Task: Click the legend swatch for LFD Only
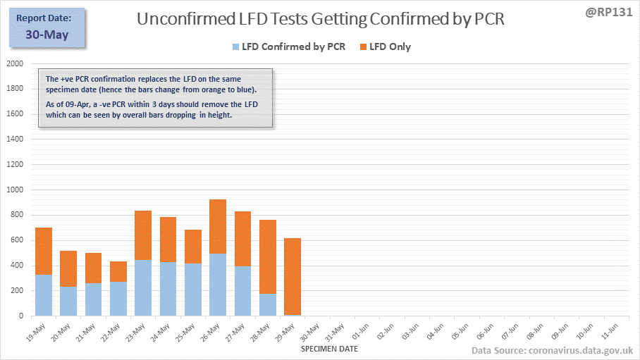pyautogui.click(x=364, y=47)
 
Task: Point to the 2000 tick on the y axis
pyautogui.click(x=14, y=63)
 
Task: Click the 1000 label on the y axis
pyautogui.click(x=14, y=190)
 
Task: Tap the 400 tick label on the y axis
pyautogui.click(x=16, y=266)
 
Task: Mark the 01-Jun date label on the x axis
pyautogui.click(x=359, y=333)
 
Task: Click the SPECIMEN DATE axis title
pyautogui.click(x=329, y=349)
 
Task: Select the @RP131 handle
pyautogui.click(x=607, y=12)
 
